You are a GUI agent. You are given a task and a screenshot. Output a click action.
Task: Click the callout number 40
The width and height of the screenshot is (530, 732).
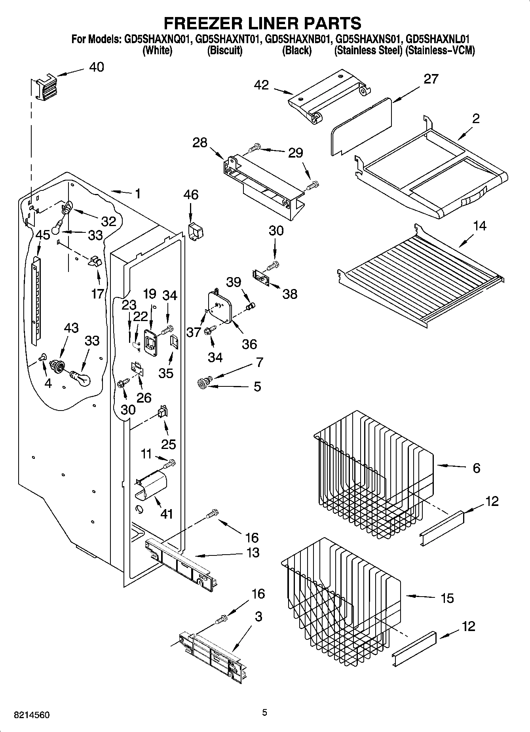click(x=96, y=67)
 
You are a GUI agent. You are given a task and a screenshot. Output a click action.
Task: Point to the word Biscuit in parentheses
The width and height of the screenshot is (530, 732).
click(x=225, y=51)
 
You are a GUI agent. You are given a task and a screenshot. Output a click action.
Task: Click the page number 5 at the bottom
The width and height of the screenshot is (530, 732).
click(x=265, y=713)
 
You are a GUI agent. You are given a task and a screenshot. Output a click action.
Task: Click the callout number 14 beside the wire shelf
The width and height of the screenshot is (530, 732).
click(x=479, y=226)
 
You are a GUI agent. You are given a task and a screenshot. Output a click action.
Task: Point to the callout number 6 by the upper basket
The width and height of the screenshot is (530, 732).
click(x=476, y=468)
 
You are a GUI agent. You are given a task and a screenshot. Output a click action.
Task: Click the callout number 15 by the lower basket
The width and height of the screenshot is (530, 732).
click(x=447, y=598)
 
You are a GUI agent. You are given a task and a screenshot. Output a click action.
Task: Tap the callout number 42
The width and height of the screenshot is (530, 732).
click(x=261, y=85)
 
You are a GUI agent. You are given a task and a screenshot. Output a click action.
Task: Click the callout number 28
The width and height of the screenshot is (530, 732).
click(x=200, y=143)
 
